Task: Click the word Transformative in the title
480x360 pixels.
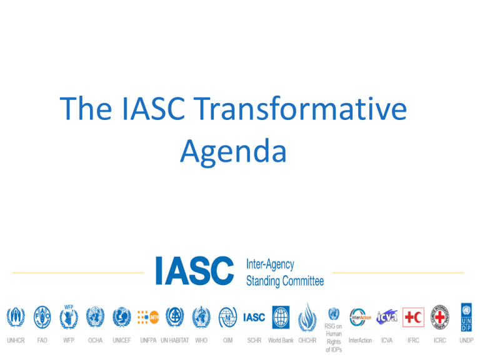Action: pos(300,108)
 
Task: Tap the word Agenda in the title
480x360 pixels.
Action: pos(233,152)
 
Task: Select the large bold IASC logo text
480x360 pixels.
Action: pos(195,271)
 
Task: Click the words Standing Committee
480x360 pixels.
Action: pos(285,281)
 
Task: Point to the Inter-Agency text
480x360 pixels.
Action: pos(270,264)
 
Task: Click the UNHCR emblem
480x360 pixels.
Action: pos(16,317)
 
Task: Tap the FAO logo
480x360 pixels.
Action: pos(42,317)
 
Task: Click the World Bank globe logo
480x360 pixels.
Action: pos(281,317)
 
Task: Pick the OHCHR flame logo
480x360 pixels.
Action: pos(307,317)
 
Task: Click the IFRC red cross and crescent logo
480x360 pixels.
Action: pos(413,317)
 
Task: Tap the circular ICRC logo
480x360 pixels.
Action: pos(440,317)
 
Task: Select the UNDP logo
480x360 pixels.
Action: pos(466,317)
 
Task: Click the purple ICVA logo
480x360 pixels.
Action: pos(387,317)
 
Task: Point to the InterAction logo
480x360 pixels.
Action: pos(360,317)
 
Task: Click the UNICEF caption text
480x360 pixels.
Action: pos(122,341)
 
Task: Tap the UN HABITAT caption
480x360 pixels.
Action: pos(175,341)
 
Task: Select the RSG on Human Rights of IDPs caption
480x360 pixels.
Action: pos(334,338)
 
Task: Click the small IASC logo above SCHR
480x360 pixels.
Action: pos(254,317)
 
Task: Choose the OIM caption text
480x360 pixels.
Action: pos(227,341)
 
